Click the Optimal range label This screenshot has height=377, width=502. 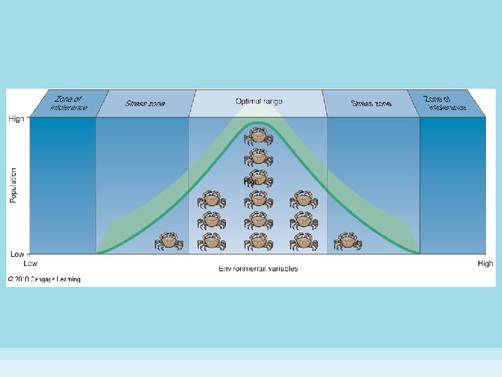[259, 101]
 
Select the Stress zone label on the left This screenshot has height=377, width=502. [145, 103]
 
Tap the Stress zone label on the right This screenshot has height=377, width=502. [371, 103]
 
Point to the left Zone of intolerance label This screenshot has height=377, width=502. [68, 103]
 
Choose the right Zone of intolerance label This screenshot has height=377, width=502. [447, 103]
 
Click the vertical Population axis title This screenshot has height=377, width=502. [13, 185]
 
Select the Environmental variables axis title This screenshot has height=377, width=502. [258, 268]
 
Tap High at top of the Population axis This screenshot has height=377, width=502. [16, 119]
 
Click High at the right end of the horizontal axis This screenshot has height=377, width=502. [485, 263]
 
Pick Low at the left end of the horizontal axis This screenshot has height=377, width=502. [31, 263]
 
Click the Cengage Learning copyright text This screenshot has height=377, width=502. [44, 279]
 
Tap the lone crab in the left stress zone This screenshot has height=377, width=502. [168, 242]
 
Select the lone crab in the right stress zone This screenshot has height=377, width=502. [347, 242]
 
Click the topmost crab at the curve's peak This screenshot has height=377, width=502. [258, 136]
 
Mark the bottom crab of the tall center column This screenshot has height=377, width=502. [258, 242]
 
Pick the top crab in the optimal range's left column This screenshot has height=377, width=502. [211, 200]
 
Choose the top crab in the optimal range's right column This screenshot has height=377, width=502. [303, 200]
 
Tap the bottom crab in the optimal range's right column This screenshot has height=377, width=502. [303, 242]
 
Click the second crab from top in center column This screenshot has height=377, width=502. [258, 157]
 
